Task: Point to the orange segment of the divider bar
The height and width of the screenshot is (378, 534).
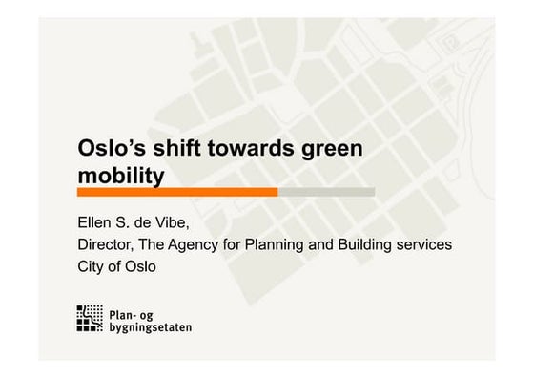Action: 177,192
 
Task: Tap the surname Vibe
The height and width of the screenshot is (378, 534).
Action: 173,223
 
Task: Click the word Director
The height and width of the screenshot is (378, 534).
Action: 108,245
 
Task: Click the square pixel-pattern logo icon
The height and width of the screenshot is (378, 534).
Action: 90,319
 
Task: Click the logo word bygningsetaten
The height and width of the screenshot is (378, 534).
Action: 150,326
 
